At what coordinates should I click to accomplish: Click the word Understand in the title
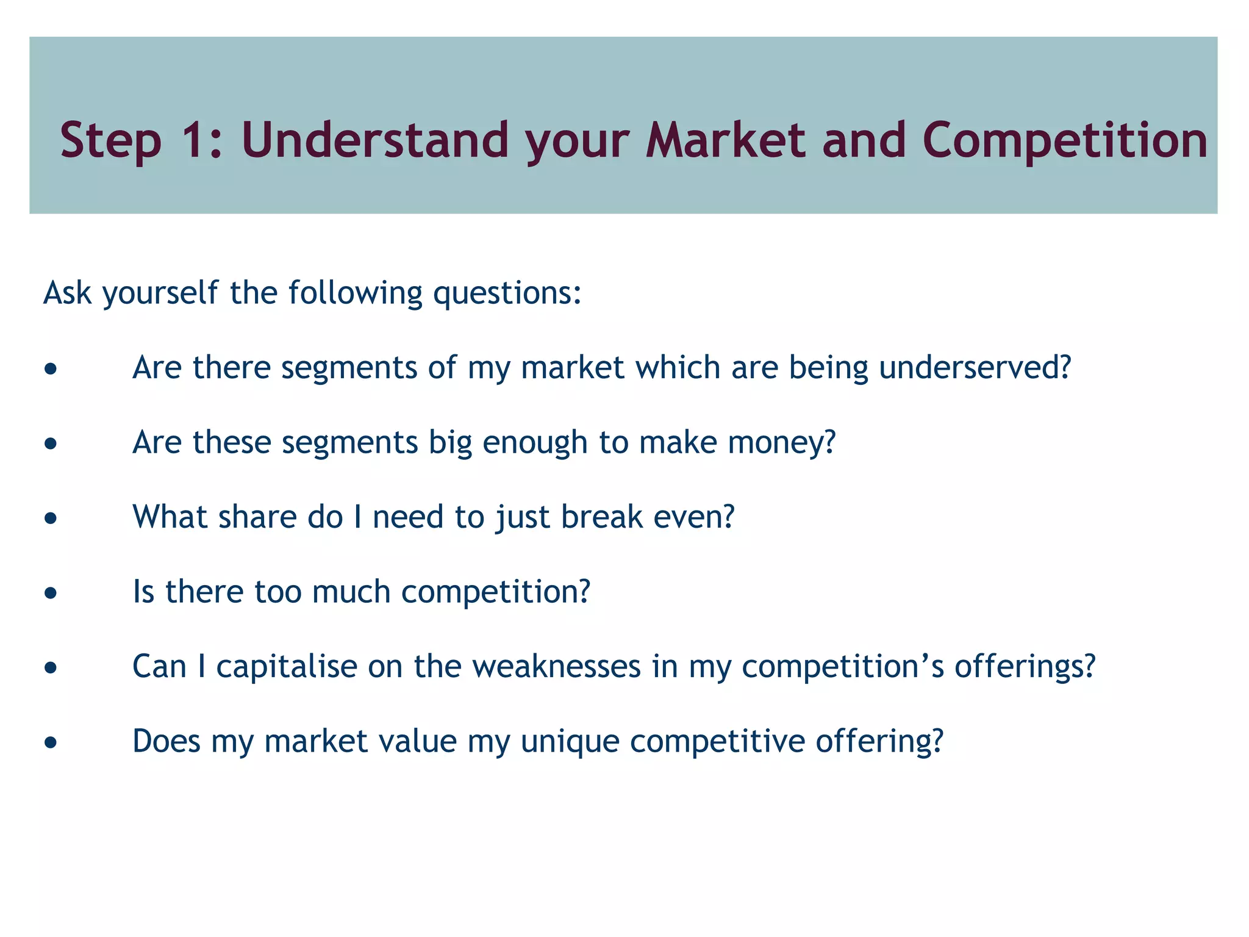point(374,140)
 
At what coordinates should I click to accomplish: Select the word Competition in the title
point(1065,140)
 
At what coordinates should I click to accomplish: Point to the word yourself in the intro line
point(160,293)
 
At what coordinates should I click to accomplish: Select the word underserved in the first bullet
point(974,368)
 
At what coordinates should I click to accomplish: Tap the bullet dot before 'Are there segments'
point(51,369)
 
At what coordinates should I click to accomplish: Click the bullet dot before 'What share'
point(51,519)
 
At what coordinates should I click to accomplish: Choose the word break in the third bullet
point(601,517)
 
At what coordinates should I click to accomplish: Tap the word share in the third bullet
point(257,517)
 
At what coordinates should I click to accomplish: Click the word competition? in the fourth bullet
point(496,592)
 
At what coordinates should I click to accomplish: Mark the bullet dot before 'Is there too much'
point(51,593)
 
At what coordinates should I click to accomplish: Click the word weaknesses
point(556,667)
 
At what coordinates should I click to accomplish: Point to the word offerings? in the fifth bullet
point(1025,667)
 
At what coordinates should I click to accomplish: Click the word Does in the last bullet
point(166,742)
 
